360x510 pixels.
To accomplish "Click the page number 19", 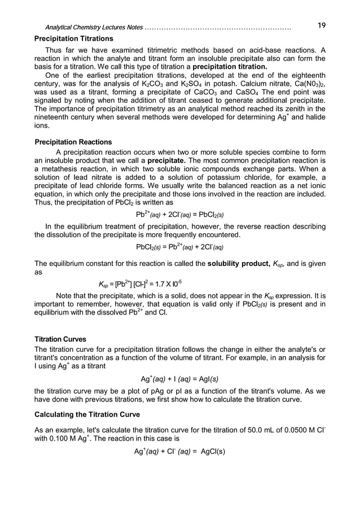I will tap(321, 25).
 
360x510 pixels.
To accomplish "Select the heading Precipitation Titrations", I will tap(74, 39).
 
